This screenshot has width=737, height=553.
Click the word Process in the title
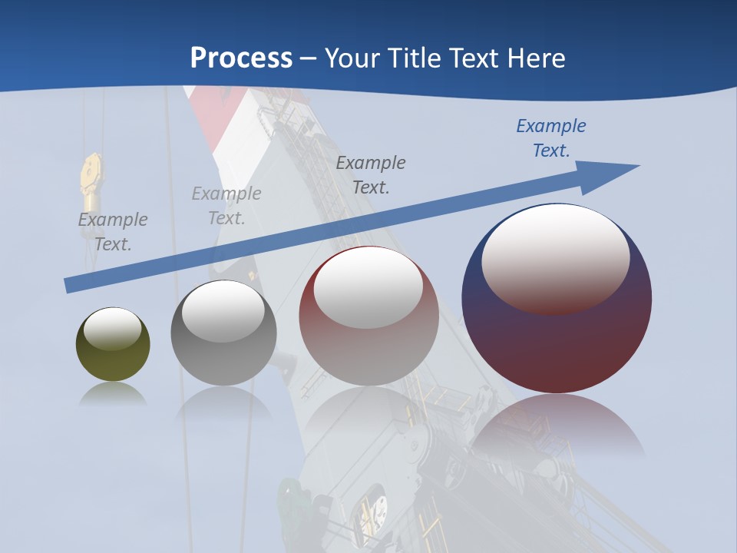point(241,58)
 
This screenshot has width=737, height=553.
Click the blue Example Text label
point(550,138)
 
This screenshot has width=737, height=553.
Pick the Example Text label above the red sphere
point(371,174)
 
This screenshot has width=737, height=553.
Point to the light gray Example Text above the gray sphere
point(226,206)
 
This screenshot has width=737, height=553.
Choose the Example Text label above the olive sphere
point(113,231)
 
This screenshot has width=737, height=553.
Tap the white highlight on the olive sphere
point(112,327)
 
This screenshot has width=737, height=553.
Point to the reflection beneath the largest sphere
point(557,422)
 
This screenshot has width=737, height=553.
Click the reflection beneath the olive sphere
point(113,393)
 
